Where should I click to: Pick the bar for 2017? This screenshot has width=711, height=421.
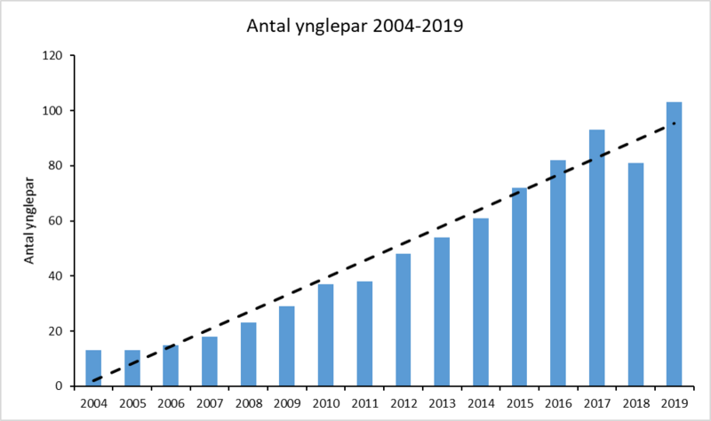596,258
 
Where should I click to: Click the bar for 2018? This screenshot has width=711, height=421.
635,274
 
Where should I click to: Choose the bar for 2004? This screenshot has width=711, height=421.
93,369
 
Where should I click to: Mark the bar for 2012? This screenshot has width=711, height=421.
403,321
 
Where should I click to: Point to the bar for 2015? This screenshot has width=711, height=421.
519,288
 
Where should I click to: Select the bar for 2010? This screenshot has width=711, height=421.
325,336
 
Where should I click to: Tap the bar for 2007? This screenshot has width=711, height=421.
210,361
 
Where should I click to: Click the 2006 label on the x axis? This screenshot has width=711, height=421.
171,404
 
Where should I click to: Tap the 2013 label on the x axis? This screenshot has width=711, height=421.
442,404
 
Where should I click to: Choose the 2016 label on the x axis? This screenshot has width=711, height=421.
558,404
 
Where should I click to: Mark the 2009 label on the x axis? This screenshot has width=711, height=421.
287,404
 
